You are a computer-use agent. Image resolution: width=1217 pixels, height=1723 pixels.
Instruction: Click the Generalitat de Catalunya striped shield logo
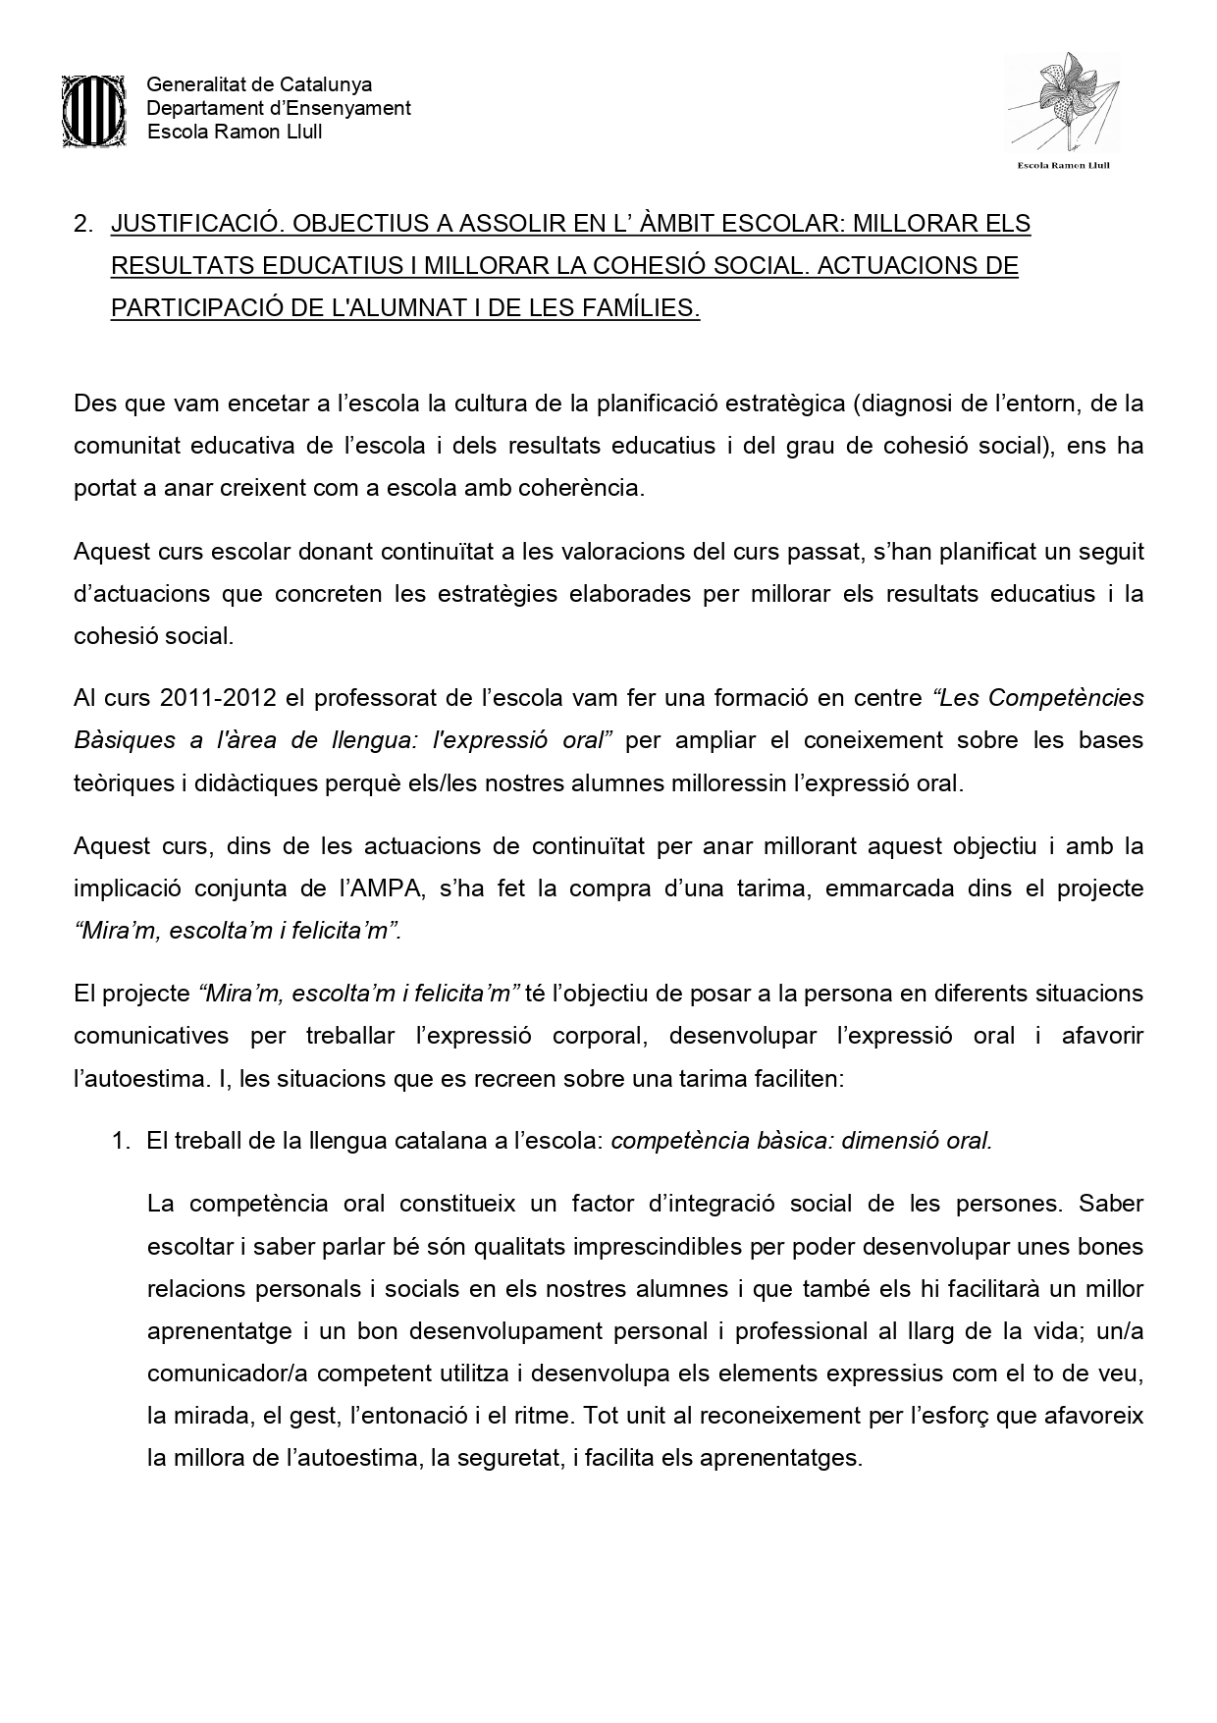point(93,109)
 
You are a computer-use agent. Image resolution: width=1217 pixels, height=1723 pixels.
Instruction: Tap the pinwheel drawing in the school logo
point(1065,104)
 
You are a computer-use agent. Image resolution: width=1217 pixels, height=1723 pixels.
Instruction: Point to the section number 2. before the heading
point(82,224)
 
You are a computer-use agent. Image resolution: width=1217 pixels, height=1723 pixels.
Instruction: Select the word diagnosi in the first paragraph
point(906,404)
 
